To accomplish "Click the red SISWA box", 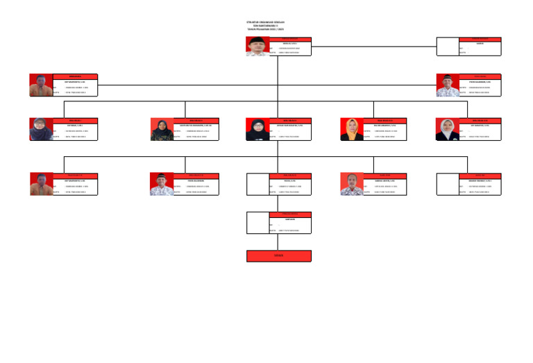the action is click(278, 256).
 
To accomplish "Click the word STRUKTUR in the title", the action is click(244, 22).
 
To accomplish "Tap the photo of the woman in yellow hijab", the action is click(352, 130).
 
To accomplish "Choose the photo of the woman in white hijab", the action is click(448, 130).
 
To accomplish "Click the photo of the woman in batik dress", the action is click(162, 130).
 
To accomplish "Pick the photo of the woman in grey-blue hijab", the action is click(40, 130).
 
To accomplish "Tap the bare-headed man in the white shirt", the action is click(352, 184).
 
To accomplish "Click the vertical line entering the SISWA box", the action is click(278, 242).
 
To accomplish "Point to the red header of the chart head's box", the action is click(289, 39).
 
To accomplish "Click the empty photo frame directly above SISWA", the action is click(257, 223).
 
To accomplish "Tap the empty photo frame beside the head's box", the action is click(448, 47).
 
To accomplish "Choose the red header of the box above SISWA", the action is click(289, 214).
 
